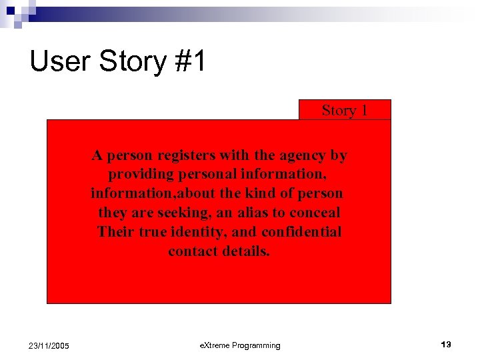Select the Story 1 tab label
tap(345, 111)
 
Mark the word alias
tap(255, 213)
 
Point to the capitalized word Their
tap(115, 232)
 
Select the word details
tap(246, 251)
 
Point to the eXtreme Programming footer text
tap(240, 345)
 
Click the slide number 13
tap(445, 345)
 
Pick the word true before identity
tap(154, 232)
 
